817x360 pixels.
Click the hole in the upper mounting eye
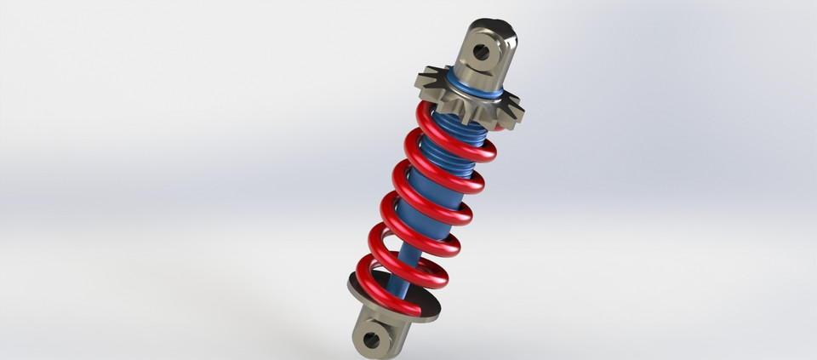pyautogui.click(x=481, y=52)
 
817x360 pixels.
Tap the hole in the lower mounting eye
pyautogui.click(x=372, y=340)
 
